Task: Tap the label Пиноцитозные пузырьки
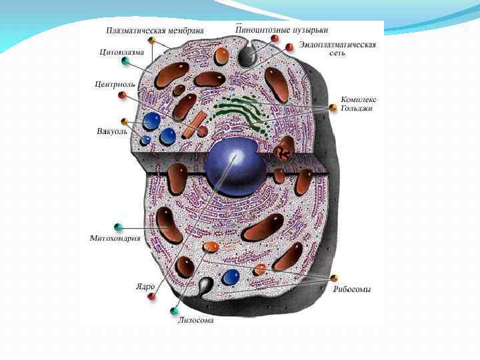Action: pos(282,31)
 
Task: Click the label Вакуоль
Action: pos(111,130)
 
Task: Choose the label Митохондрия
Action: pos(115,238)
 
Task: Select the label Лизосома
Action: pos(196,320)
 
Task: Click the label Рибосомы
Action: pos(352,289)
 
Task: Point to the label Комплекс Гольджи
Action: pos(357,103)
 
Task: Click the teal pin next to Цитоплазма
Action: pos(125,61)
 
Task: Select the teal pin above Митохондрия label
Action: pos(119,227)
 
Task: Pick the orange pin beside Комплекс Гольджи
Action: pos(333,107)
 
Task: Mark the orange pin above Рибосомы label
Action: pos(334,277)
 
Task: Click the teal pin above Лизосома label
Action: pos(175,311)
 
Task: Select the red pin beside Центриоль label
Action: pos(123,96)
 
